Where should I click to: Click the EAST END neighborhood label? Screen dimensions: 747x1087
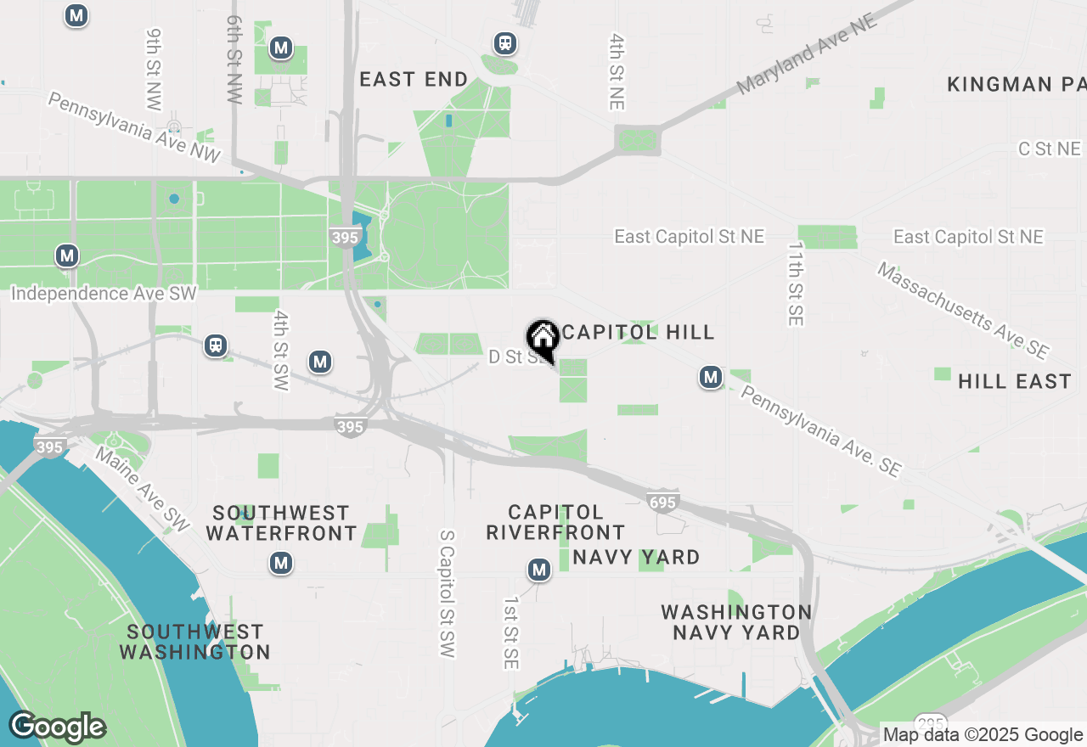[414, 80]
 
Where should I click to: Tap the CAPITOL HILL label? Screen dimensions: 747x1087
[638, 332]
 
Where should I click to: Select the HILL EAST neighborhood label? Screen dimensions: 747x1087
[1015, 381]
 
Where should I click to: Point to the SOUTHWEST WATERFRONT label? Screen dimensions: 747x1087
[281, 523]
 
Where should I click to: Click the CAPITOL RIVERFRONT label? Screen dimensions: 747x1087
[555, 522]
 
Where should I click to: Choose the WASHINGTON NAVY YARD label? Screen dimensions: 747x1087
[736, 622]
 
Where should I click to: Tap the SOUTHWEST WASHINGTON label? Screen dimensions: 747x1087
[194, 642]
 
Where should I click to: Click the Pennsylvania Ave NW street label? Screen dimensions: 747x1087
[134, 128]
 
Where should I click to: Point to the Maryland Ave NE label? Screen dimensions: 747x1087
[806, 54]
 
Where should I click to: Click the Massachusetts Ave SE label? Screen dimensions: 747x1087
[963, 310]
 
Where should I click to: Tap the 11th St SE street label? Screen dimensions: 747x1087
[795, 284]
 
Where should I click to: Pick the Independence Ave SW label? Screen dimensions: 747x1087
[104, 294]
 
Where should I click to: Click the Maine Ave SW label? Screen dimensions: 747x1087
[142, 491]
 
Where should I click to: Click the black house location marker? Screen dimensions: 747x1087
[543, 340]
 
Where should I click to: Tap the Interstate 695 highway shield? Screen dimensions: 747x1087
[662, 502]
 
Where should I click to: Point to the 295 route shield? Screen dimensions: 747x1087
[932, 721]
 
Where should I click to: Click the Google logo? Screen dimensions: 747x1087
[57, 727]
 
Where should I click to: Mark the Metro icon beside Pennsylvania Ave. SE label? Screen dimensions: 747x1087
[711, 377]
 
